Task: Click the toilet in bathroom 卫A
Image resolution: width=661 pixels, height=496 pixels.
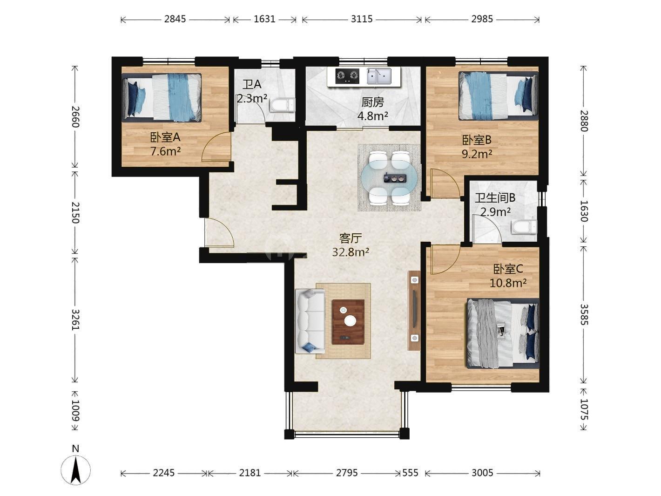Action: pyautogui.click(x=282, y=105)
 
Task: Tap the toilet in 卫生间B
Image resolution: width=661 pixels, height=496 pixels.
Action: pyautogui.click(x=524, y=227)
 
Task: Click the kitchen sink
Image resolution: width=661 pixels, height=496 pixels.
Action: pyautogui.click(x=379, y=76)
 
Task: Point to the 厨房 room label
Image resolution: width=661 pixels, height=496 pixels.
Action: pyautogui.click(x=372, y=102)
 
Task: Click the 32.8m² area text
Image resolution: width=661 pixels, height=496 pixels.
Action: pyautogui.click(x=351, y=252)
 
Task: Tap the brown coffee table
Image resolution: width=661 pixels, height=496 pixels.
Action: pyautogui.click(x=348, y=322)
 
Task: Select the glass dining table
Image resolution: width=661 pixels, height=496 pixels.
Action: pyautogui.click(x=389, y=178)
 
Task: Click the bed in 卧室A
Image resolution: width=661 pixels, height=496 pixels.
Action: pyautogui.click(x=162, y=97)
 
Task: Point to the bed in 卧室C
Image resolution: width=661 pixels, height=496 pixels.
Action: pyautogui.click(x=503, y=333)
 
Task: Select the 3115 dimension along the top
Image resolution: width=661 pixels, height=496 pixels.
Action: pyautogui.click(x=362, y=19)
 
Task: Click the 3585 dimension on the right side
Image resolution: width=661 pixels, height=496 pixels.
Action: pyautogui.click(x=584, y=314)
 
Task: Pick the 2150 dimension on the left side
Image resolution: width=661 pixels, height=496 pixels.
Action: pyautogui.click(x=75, y=213)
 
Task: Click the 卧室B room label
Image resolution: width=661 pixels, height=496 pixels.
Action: pyautogui.click(x=477, y=140)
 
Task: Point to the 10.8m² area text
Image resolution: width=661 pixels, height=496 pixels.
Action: pyautogui.click(x=508, y=283)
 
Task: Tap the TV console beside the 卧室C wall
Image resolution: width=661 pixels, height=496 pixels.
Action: pyautogui.click(x=414, y=311)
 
